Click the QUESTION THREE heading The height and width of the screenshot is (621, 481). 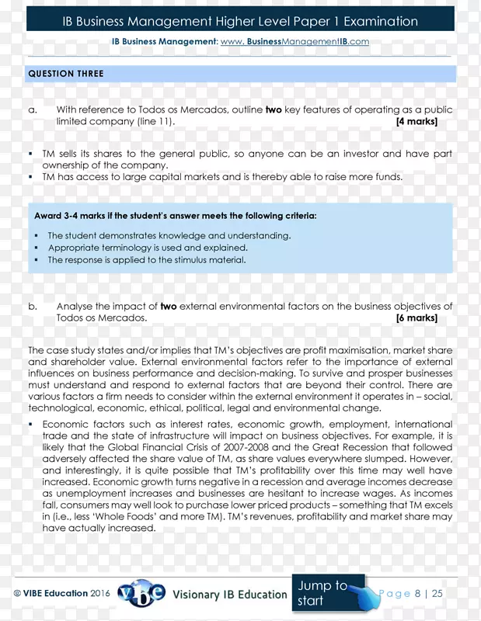(65, 74)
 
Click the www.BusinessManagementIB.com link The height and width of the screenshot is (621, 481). (295, 41)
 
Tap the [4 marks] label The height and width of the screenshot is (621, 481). (417, 122)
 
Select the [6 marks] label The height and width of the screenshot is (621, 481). (417, 317)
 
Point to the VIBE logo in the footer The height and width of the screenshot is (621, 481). (141, 593)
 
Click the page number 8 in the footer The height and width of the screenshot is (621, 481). (417, 593)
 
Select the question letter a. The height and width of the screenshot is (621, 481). (33, 110)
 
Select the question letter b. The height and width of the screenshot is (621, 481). (33, 307)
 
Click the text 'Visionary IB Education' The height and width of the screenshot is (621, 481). (230, 594)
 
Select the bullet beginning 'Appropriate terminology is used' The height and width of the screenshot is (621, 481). (148, 248)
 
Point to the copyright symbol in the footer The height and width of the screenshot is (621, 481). (18, 593)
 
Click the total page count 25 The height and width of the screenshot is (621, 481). (437, 593)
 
